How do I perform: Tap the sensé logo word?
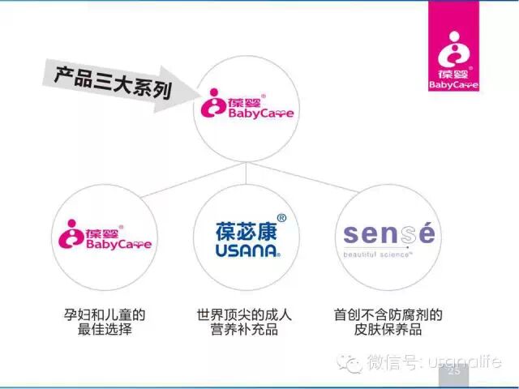tap(388, 233)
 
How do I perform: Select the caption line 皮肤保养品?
tap(388, 331)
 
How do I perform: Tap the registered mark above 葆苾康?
tap(281, 218)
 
